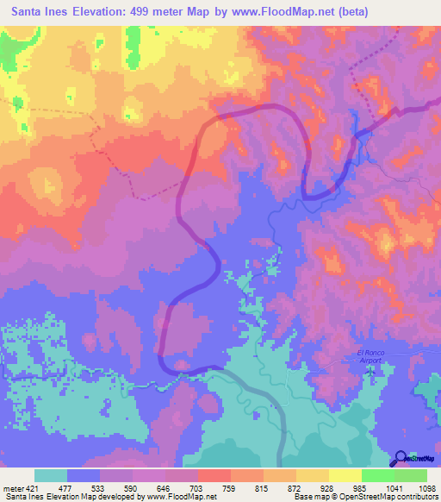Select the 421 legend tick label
(x=32, y=488)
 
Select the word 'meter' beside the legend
(x=12, y=488)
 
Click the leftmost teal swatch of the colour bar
(x=51, y=475)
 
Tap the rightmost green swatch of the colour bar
(x=410, y=475)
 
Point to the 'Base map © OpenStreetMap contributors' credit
(x=365, y=498)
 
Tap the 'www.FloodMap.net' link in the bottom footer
(x=180, y=498)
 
